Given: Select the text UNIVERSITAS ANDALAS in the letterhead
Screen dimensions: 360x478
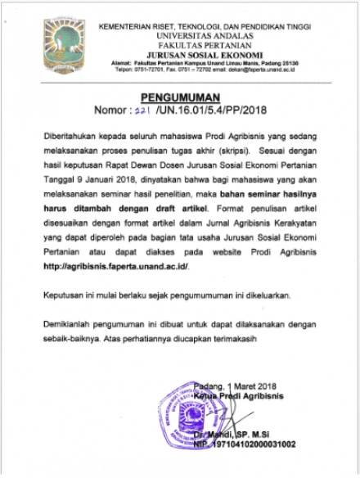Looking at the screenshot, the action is pos(204,37).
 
